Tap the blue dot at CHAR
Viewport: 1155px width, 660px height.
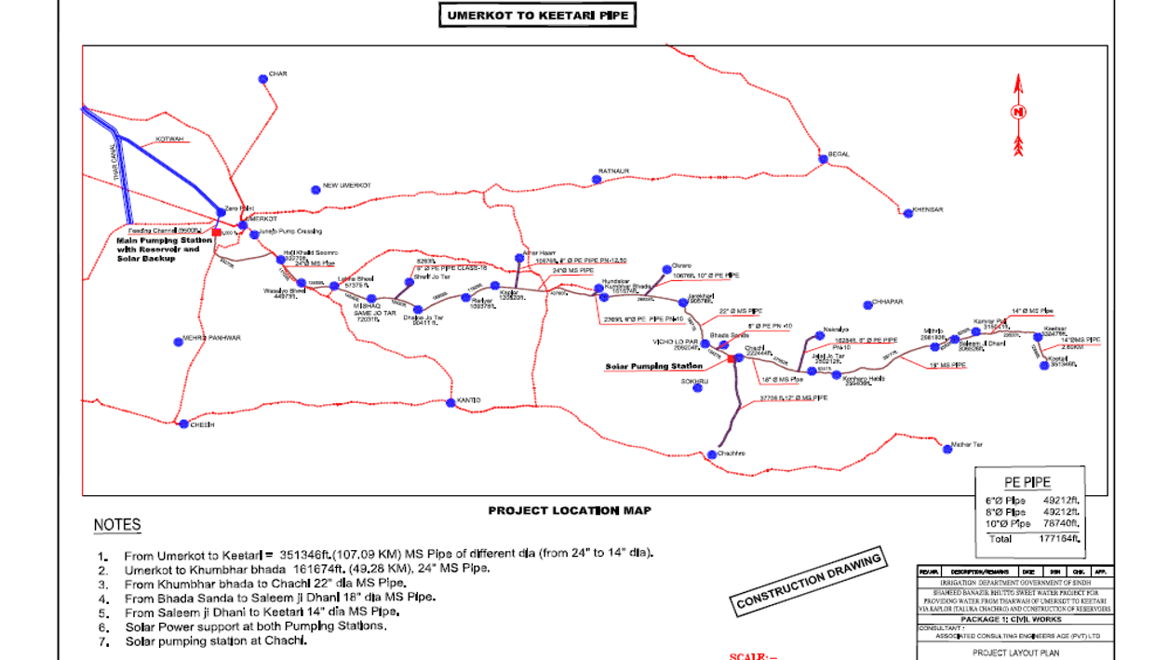pyautogui.click(x=263, y=79)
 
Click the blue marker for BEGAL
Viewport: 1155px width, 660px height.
pyautogui.click(x=823, y=159)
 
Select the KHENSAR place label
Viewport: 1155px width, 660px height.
pyautogui.click(x=928, y=209)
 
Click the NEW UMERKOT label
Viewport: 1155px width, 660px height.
pyautogui.click(x=347, y=186)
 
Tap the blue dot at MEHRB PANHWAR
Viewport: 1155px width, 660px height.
pyautogui.click(x=179, y=343)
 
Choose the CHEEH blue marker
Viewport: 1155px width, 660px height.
pyautogui.click(x=184, y=424)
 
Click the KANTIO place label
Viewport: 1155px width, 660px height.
pyautogui.click(x=469, y=400)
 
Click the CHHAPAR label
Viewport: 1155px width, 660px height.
pyautogui.click(x=888, y=303)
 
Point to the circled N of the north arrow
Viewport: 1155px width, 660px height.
pyautogui.click(x=1019, y=113)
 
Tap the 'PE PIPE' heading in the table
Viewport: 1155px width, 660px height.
pyautogui.click(x=1027, y=482)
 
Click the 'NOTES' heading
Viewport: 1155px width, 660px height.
pyautogui.click(x=117, y=526)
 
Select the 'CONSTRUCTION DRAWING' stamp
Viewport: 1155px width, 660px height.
pyautogui.click(x=809, y=582)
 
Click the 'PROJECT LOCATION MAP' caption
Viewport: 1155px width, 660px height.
pyautogui.click(x=570, y=510)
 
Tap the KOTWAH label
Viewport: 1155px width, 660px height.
pyautogui.click(x=169, y=139)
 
